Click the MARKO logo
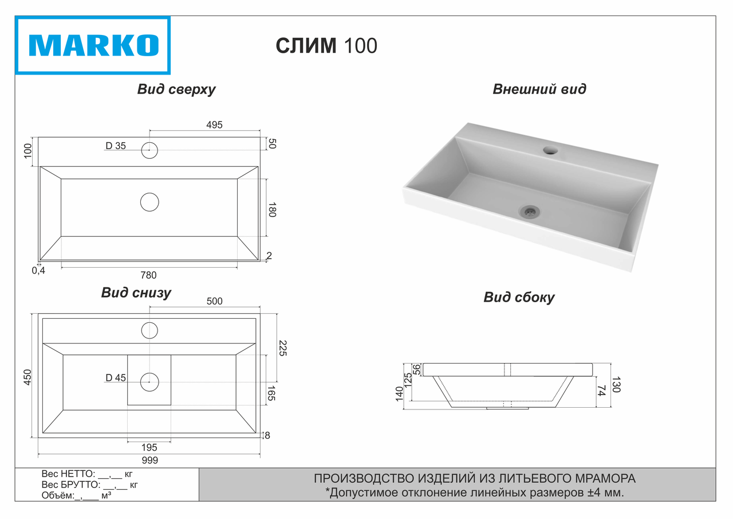click(93, 45)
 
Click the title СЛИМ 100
click(326, 45)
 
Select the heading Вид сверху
click(176, 89)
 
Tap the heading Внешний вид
click(539, 89)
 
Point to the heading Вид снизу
click(136, 292)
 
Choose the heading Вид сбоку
click(519, 297)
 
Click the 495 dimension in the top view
click(214, 125)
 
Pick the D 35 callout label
click(116, 146)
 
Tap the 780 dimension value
click(148, 275)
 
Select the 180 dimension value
click(272, 210)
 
